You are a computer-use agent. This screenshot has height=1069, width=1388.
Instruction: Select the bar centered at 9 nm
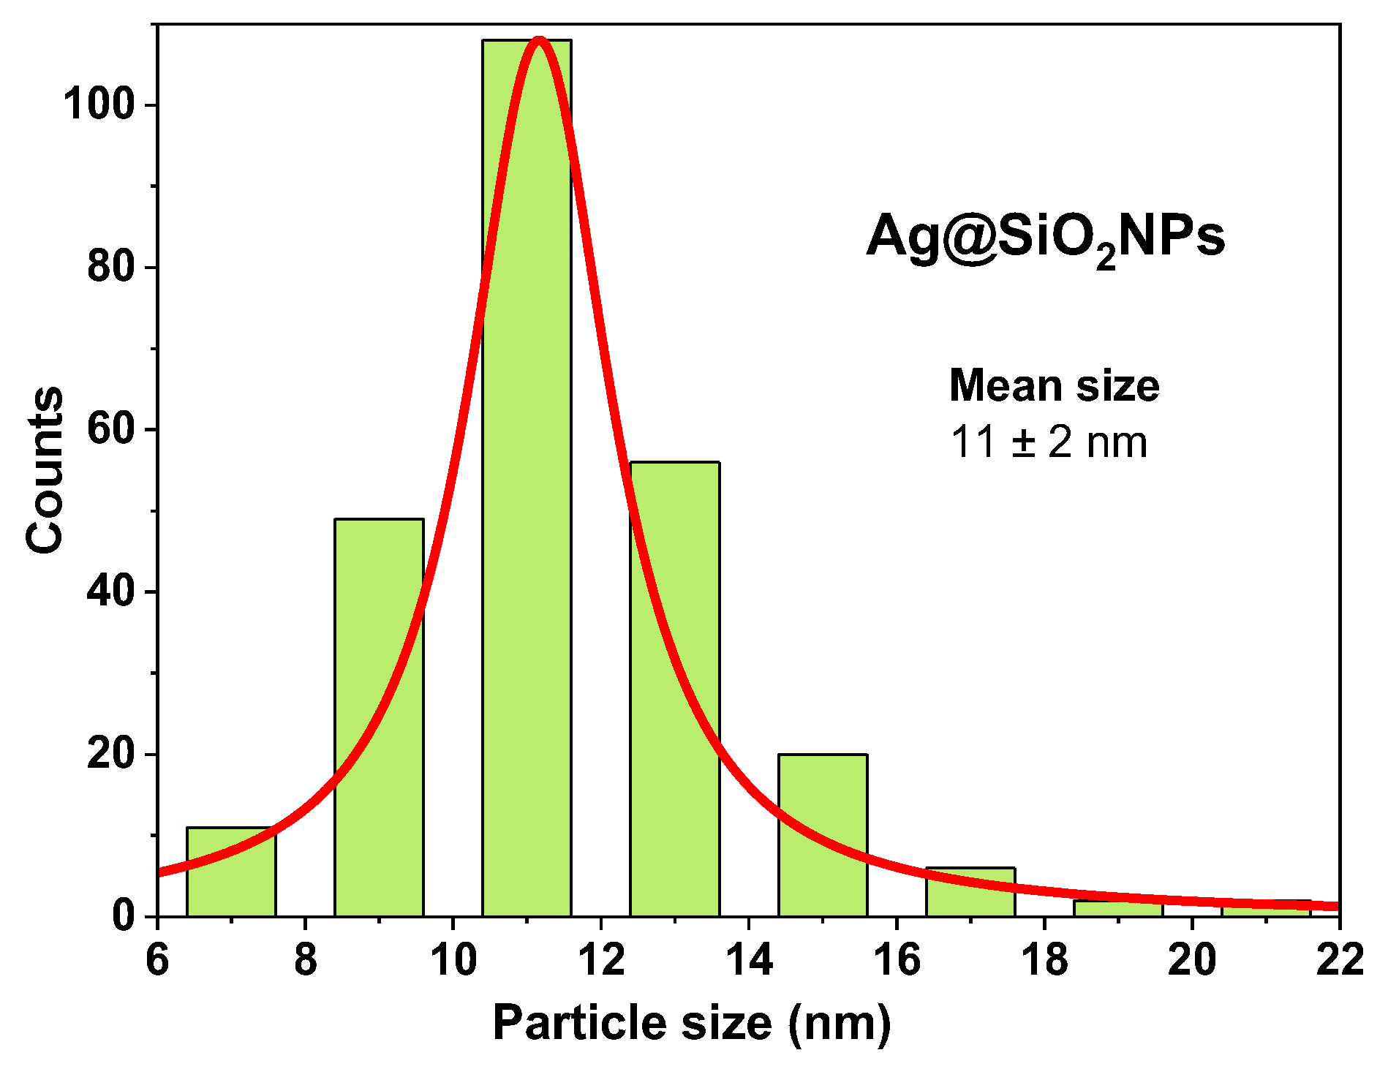(379, 717)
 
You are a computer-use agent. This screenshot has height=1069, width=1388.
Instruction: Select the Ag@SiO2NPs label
(1046, 238)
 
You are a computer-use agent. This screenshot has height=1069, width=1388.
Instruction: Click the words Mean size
(1054, 385)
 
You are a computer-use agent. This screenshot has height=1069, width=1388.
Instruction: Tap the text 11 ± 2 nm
(1049, 442)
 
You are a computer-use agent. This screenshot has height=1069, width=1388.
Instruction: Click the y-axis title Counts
(44, 469)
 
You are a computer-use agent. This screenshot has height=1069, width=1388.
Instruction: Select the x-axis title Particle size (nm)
(691, 1021)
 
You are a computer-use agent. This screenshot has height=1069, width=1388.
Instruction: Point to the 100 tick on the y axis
(99, 105)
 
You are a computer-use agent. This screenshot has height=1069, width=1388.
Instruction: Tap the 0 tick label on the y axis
(124, 916)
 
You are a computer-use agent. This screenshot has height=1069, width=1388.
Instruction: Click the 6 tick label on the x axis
(157, 959)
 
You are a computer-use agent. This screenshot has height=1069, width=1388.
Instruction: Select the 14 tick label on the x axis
(749, 959)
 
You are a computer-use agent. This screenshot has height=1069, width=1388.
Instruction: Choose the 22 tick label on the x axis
(1340, 959)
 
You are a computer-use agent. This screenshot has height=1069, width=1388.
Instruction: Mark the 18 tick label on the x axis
(1044, 959)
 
